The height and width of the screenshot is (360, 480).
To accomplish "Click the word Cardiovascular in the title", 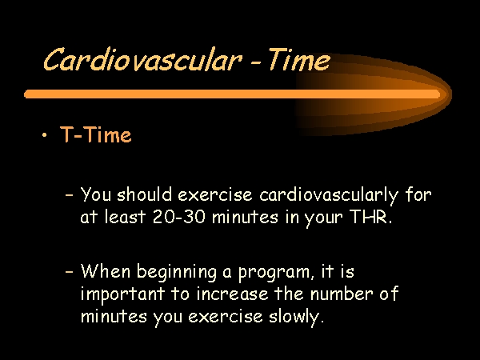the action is (x=142, y=60).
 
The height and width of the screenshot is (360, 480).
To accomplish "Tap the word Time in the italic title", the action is (x=299, y=59).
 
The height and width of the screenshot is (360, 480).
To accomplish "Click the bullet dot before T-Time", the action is (x=45, y=134).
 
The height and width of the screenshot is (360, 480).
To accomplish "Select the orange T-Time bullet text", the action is (x=96, y=134).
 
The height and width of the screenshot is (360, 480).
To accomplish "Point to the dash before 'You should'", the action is (x=70, y=194).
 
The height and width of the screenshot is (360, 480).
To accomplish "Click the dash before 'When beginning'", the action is (x=70, y=271).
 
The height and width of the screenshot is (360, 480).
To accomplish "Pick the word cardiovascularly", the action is (x=329, y=196).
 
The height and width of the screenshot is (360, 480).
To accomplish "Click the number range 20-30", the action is (x=178, y=217).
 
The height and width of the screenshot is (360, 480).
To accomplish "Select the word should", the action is (x=144, y=194).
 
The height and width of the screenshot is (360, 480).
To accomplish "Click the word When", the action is (x=106, y=270).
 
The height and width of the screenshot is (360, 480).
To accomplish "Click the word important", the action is (x=122, y=294).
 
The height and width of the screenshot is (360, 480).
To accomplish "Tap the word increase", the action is (x=232, y=294).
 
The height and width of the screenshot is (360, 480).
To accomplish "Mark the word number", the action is (x=342, y=294).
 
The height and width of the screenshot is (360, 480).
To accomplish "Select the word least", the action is (x=125, y=217).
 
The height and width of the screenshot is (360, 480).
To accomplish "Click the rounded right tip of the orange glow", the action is (x=451, y=94).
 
